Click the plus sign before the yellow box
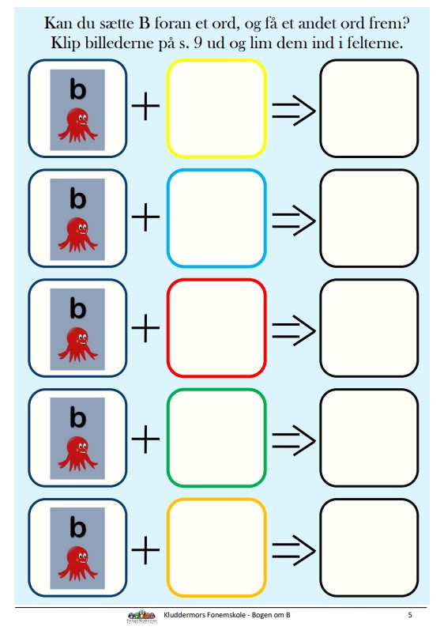tap(145, 106)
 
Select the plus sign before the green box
tap(145, 439)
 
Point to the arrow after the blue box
tap(294, 221)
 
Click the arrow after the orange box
tap(294, 550)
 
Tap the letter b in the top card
tap(78, 89)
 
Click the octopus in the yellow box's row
tap(78, 126)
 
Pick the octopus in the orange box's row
tap(78, 564)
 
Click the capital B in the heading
tap(145, 23)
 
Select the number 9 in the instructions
tap(198, 43)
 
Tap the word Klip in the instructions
tap(66, 43)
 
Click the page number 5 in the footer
tap(410, 615)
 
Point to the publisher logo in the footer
tap(141, 617)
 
